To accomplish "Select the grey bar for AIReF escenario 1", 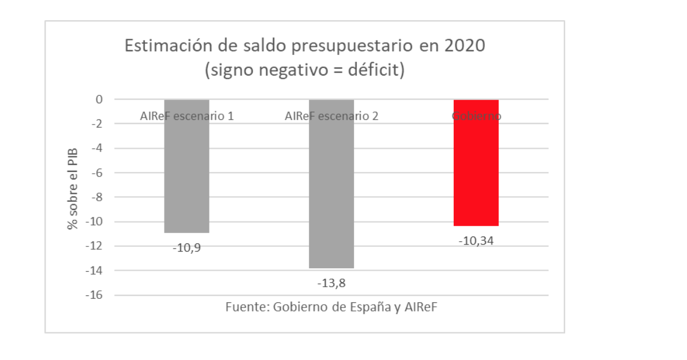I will [186, 173].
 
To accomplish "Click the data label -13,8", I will [331, 283].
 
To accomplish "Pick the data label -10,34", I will [476, 241].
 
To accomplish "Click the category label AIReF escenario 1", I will [186, 116].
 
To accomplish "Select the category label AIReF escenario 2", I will [331, 116].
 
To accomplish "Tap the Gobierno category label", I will [476, 116].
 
